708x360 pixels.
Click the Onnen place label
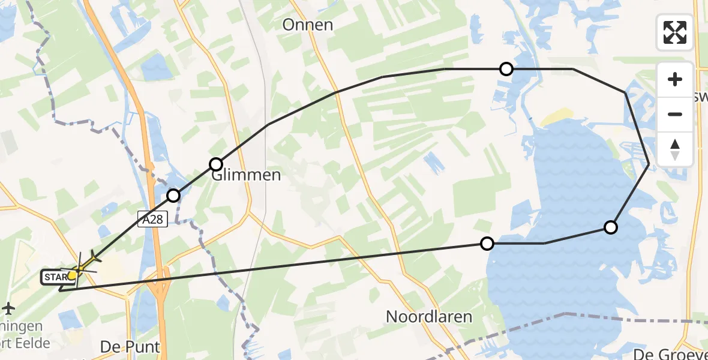point(307,25)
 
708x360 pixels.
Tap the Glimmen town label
point(246,175)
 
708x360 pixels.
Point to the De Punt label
point(130,347)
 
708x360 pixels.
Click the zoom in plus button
point(675,80)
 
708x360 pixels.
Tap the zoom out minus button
point(675,114)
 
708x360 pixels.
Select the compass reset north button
point(675,148)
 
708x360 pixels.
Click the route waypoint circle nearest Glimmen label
point(216,164)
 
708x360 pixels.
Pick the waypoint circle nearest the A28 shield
point(173,195)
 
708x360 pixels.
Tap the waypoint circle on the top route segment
point(506,69)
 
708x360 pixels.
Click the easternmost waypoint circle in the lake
point(611,227)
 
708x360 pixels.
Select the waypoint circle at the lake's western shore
point(487,243)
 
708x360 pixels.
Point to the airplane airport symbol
point(8,308)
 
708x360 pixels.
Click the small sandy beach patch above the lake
point(559,116)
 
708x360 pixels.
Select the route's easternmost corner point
point(649,163)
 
